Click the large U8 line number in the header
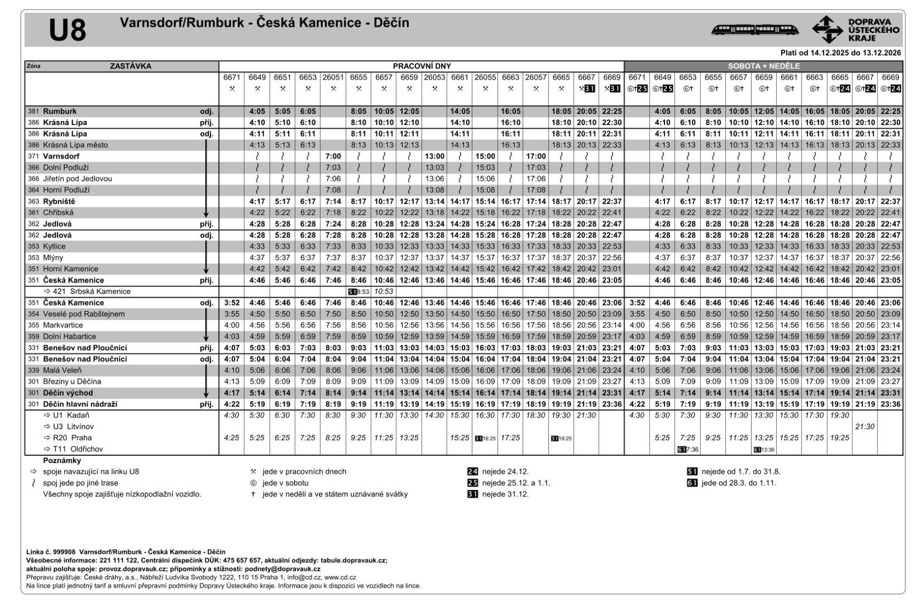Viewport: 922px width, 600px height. click(x=67, y=30)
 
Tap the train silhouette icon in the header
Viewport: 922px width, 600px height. click(x=754, y=30)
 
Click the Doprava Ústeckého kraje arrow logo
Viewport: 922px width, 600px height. click(x=827, y=30)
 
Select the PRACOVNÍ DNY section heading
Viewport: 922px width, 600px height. click(x=421, y=66)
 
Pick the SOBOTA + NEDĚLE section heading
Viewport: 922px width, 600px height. click(x=764, y=66)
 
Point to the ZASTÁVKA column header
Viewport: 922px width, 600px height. click(x=130, y=66)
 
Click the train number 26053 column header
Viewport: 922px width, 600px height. click(x=434, y=78)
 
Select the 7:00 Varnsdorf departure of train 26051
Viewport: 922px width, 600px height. click(x=333, y=156)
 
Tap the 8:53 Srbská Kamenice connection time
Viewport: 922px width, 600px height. click(x=362, y=292)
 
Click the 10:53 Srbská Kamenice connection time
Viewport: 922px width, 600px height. click(x=384, y=292)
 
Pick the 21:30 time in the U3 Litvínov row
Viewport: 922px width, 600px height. click(x=864, y=426)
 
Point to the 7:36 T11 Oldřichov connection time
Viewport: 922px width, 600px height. click(x=691, y=449)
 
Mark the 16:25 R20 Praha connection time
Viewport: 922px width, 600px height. click(x=488, y=438)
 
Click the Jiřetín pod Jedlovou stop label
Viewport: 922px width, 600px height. click(x=77, y=179)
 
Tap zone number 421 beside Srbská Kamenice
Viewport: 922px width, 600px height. click(x=59, y=292)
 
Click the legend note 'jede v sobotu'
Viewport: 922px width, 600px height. click(x=285, y=483)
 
